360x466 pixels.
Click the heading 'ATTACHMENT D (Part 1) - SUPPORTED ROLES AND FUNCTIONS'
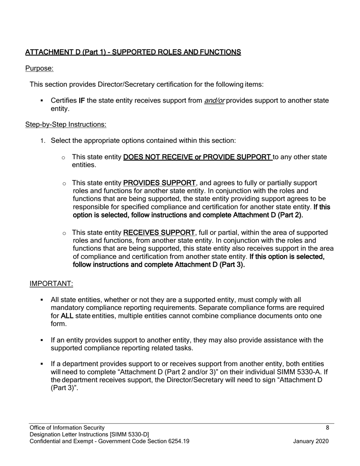point(133,52)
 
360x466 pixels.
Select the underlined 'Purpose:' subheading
point(39,68)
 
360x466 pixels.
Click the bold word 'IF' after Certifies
point(81,101)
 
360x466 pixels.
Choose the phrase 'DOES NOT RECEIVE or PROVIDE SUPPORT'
point(197,157)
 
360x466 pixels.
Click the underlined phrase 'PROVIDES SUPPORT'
point(160,183)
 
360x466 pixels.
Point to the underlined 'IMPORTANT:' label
point(51,284)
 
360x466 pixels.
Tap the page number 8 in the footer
point(327,428)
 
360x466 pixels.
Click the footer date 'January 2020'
point(311,441)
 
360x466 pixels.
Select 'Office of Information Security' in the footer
point(67,428)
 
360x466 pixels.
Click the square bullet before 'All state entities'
point(42,300)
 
